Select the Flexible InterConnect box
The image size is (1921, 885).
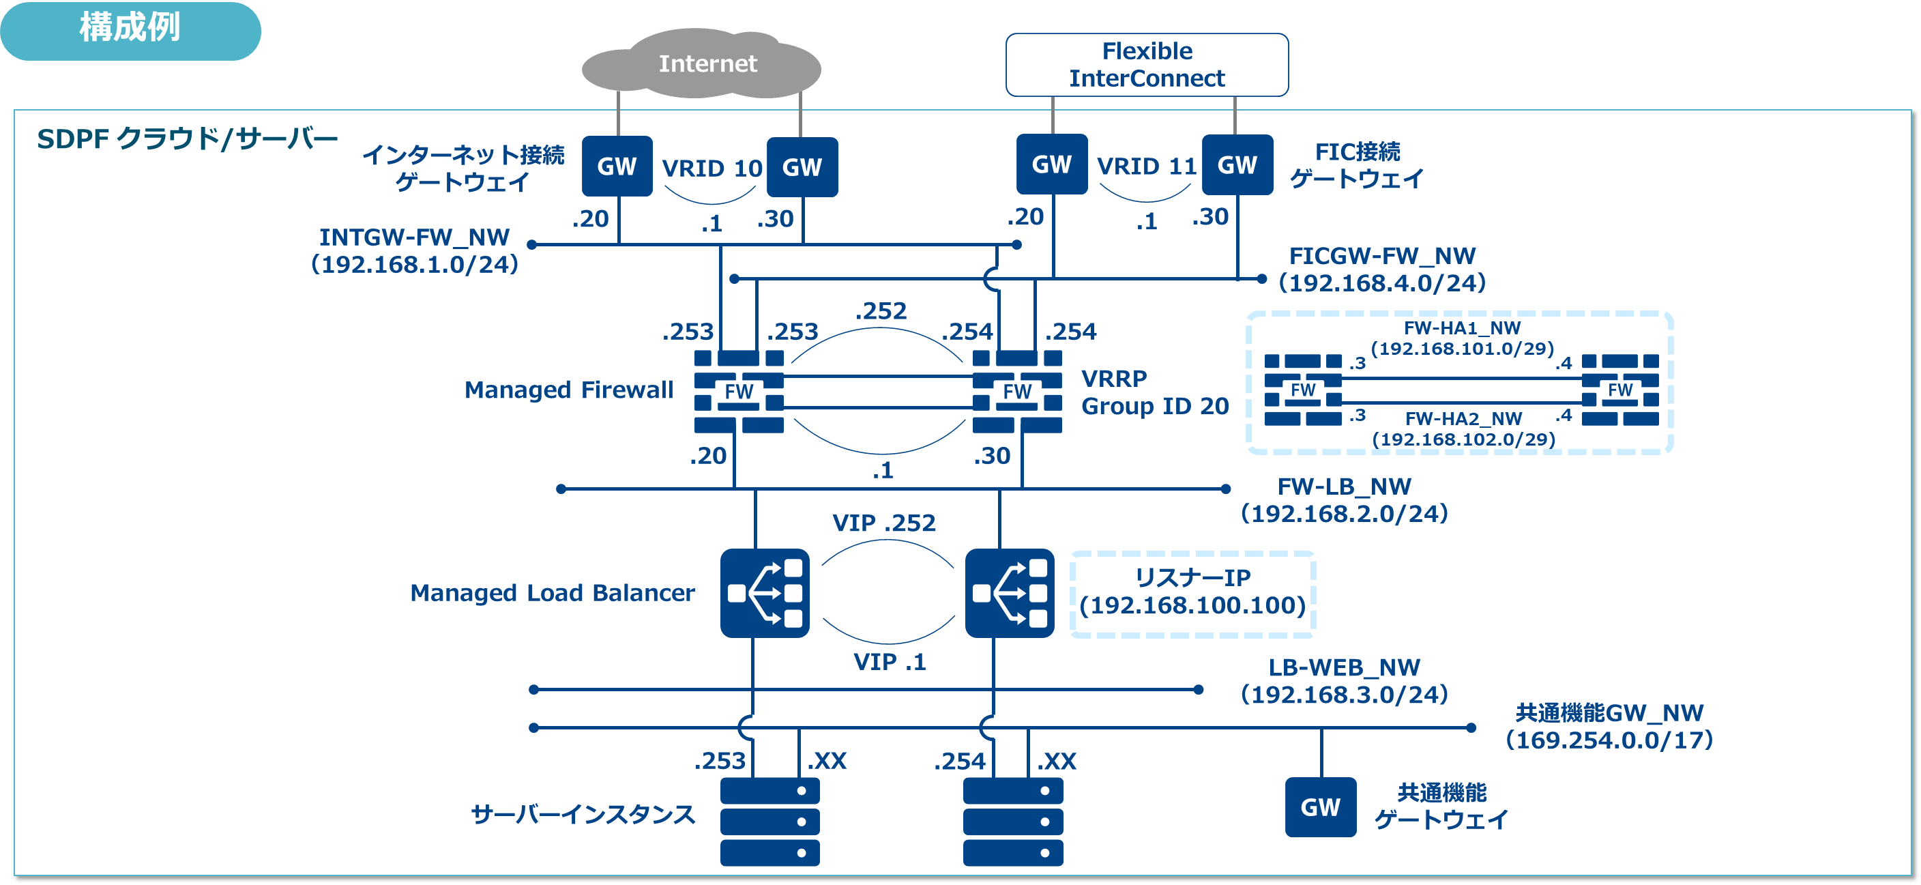tap(1146, 65)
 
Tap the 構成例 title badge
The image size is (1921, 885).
tap(130, 30)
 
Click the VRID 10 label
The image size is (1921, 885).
tap(712, 169)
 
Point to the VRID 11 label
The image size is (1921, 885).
tap(1146, 166)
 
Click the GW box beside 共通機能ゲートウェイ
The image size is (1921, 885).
tap(1320, 807)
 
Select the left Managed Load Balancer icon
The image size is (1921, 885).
tap(764, 593)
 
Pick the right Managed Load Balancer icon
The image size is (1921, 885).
tap(1009, 593)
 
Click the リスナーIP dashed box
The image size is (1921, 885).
tap(1192, 594)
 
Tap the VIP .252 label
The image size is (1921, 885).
tap(883, 523)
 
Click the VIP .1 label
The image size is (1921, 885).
tap(889, 662)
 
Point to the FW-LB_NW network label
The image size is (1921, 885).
tap(1344, 500)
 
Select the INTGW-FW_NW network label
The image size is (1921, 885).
tap(415, 250)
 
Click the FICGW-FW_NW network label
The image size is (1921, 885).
tap(1382, 270)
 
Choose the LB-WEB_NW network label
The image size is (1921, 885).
tap(1344, 680)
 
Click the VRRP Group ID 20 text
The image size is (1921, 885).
tap(1154, 392)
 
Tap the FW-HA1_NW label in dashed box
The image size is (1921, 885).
tap(1462, 338)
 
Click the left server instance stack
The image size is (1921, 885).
tap(769, 821)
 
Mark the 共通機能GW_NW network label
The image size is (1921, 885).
tap(1609, 726)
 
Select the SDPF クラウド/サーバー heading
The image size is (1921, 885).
tap(187, 140)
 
